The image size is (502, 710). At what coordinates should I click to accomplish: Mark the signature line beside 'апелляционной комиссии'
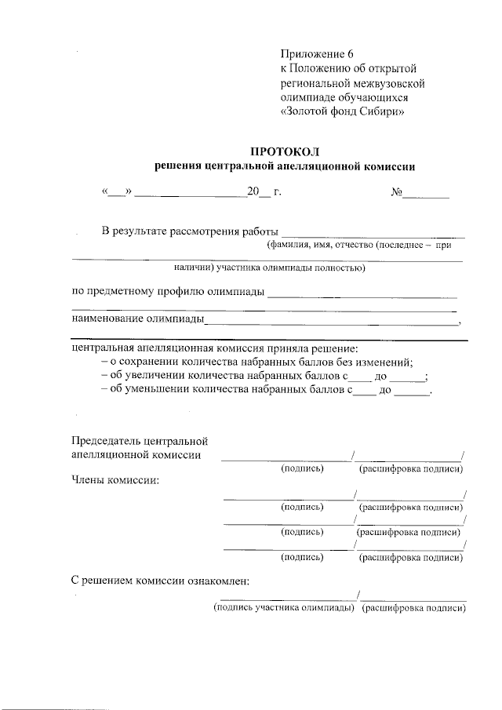286,458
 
